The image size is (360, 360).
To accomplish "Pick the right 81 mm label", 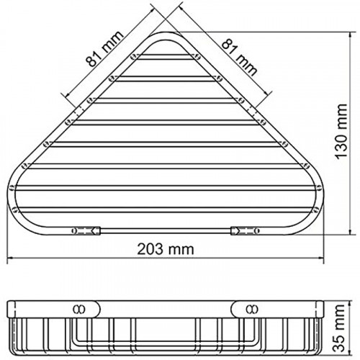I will [238, 55].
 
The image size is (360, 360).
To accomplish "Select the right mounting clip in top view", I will [243, 231].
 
